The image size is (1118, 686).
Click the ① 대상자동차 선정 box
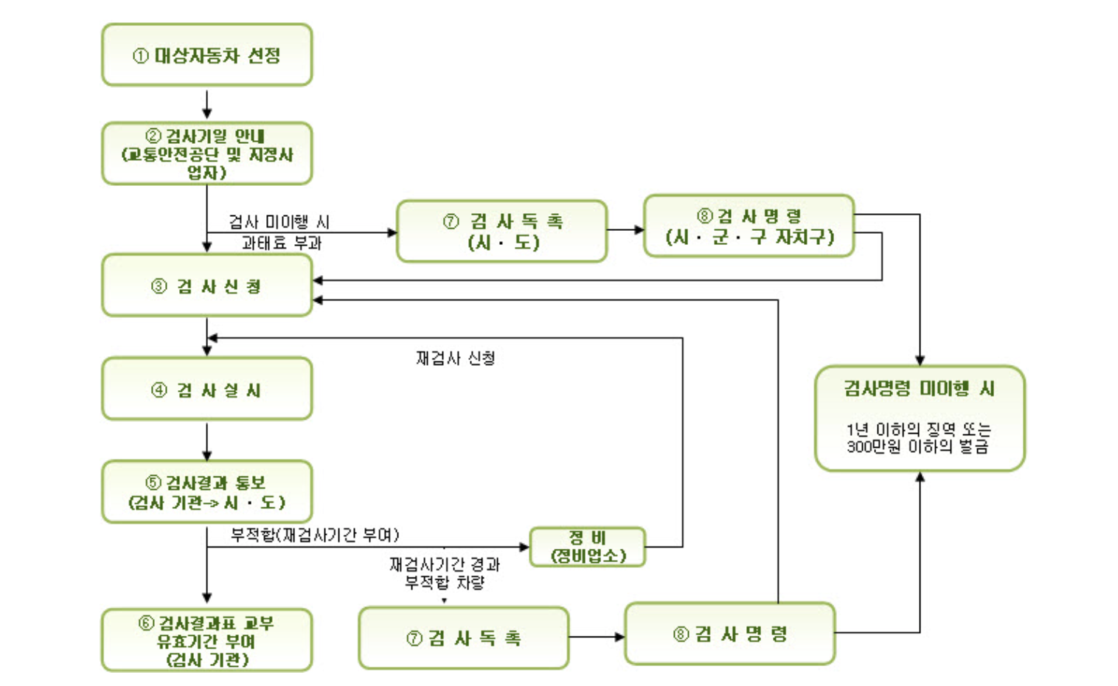pos(206,55)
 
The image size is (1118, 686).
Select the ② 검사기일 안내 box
pos(206,153)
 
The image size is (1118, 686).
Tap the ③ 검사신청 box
pos(206,286)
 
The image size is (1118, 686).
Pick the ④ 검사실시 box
pos(206,389)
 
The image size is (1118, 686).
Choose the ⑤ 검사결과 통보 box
pos(206,492)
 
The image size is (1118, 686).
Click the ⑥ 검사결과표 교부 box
pos(206,640)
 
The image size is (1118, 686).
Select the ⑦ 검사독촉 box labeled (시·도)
pos(501,231)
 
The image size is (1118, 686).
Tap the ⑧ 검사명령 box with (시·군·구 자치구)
pos(749,226)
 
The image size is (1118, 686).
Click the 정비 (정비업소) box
pos(588,547)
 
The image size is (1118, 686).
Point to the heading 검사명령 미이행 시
pos(919,388)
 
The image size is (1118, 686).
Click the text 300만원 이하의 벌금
pos(917,447)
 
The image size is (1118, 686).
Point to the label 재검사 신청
pos(455,358)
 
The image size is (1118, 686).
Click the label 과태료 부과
pos(282,243)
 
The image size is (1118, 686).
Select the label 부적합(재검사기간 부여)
pos(315,534)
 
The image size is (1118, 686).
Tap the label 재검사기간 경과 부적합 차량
pos(444,573)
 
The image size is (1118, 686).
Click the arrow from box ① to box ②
pos(207,104)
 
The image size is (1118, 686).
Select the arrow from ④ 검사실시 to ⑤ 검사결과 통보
pos(207,440)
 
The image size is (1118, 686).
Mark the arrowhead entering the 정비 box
pos(524,547)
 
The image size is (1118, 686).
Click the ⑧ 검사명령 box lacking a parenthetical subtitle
pos(729,634)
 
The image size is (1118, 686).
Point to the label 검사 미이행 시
pos(279,221)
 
